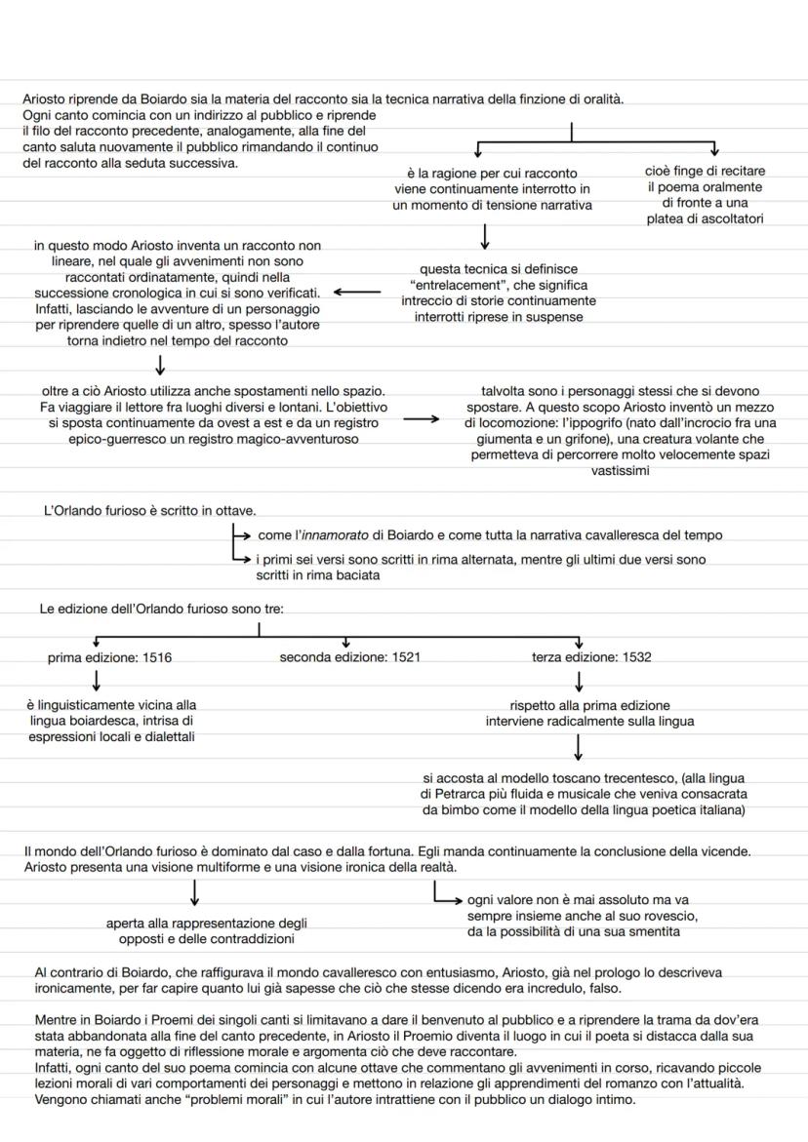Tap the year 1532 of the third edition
click(635, 657)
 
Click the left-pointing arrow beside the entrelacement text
click(357, 291)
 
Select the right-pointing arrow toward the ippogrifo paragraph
click(422, 419)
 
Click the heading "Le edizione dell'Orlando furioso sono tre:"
click(161, 609)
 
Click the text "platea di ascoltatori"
click(705, 219)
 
